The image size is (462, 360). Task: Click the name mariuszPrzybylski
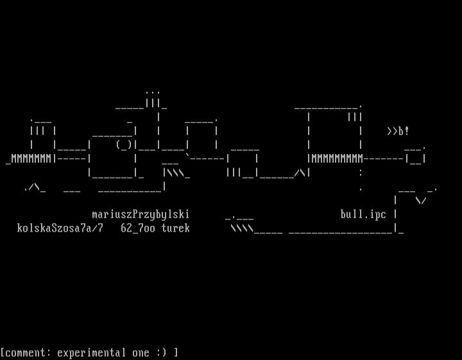click(141, 215)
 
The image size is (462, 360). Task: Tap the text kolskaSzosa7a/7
click(60, 228)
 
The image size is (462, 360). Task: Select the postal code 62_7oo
click(138, 228)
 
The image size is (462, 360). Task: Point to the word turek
click(176, 228)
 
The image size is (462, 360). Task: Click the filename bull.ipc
click(363, 215)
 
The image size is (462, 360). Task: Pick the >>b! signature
click(398, 131)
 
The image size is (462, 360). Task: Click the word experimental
click(91, 353)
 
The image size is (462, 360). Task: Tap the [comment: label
click(26, 353)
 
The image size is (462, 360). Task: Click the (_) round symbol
click(124, 145)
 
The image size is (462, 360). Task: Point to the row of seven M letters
click(31, 159)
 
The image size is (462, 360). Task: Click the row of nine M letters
click(337, 159)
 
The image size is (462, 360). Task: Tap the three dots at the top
click(153, 92)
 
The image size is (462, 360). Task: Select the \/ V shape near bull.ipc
click(421, 201)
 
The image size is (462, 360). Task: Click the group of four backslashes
click(242, 228)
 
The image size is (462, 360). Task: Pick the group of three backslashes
click(176, 173)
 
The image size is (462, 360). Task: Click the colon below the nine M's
click(361, 173)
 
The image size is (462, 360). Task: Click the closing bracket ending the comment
click(176, 353)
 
